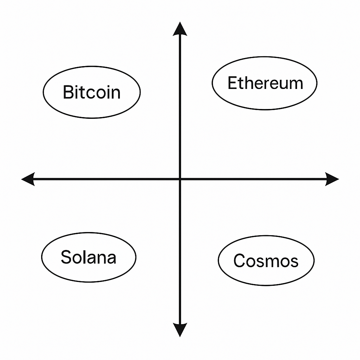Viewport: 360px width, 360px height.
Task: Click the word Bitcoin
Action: (91, 92)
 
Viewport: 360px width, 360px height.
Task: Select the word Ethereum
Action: (265, 83)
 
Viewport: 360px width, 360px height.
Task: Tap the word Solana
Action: (88, 257)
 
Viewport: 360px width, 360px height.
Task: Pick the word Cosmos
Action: (266, 261)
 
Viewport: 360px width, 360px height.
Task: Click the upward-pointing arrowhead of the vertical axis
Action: (180, 29)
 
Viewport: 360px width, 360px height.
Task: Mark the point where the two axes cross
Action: (180, 179)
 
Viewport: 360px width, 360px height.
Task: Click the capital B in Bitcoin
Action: (68, 92)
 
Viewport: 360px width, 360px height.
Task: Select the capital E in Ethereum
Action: (232, 83)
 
